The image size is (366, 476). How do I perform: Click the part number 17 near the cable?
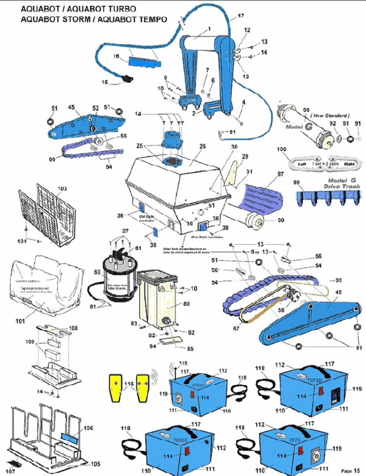coord(241,16)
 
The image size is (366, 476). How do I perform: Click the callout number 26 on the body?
coord(202,146)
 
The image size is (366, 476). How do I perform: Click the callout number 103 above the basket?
coord(62,189)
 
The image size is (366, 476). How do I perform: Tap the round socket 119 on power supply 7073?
coord(316,454)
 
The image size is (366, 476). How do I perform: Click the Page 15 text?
coord(350,471)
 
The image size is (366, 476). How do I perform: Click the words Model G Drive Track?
coord(342,183)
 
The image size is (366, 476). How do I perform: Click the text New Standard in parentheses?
coord(331,116)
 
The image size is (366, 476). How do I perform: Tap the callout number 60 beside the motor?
coord(97,272)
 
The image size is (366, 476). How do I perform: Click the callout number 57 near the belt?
coord(236,328)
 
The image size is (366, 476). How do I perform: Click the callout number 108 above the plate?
coord(73,328)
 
